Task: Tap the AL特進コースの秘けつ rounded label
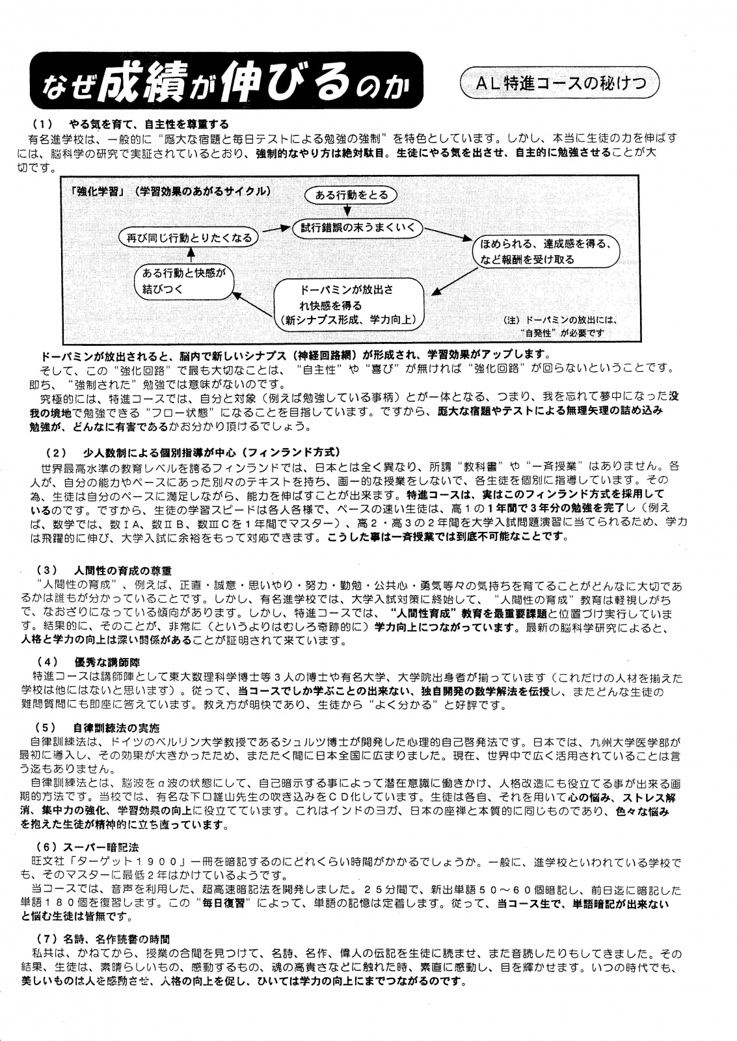coord(559,83)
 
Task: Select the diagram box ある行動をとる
coord(351,195)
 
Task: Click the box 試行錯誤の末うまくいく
coord(358,228)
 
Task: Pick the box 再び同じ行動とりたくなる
coord(188,238)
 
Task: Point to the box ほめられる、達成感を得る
coord(546,252)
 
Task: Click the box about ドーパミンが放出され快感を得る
coord(349,304)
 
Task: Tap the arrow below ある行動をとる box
coord(348,211)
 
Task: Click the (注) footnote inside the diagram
coord(560,326)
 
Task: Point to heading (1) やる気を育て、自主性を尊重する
coord(131,124)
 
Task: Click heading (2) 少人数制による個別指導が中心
coord(193,452)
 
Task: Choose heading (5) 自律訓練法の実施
coord(98,728)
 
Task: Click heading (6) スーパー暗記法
coord(86,847)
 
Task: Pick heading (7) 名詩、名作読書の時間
coord(101,939)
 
